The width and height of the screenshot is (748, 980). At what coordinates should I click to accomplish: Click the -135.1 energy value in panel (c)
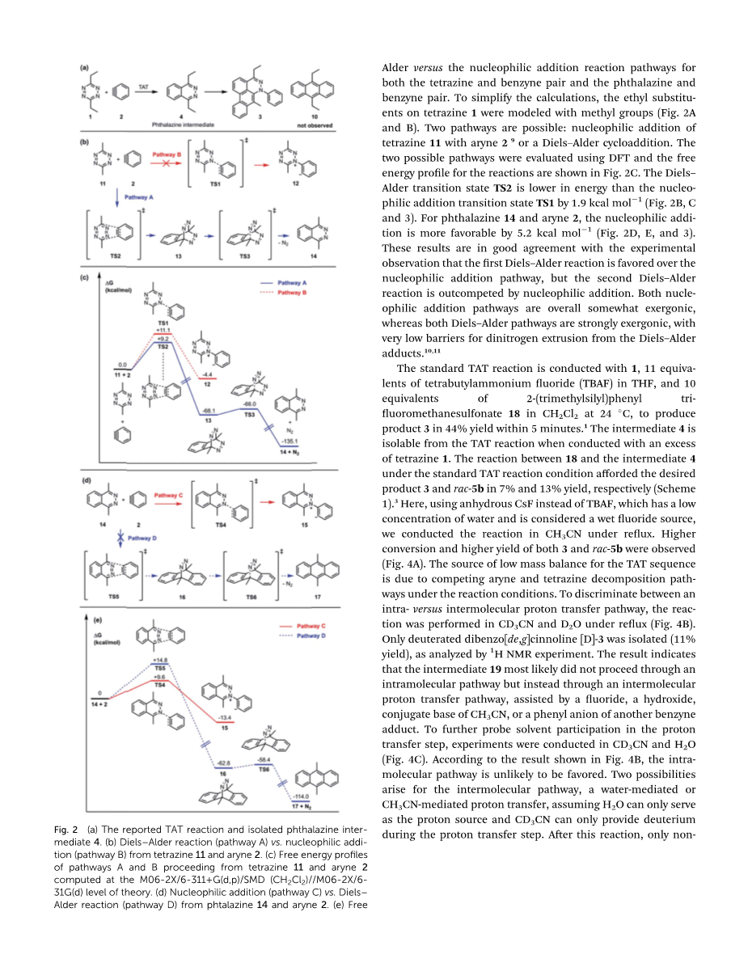click(x=291, y=441)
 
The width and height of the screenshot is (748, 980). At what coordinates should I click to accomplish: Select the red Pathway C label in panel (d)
click(x=168, y=494)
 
